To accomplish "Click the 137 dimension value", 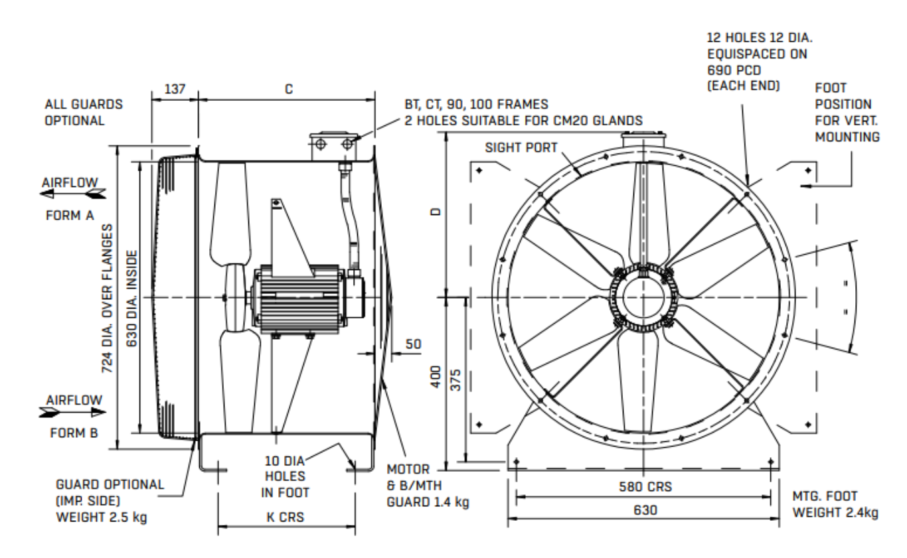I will pos(175,88).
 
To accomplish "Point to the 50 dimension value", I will pos(413,344).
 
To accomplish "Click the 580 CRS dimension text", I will pos(642,486).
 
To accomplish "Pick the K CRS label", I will pos(287,518).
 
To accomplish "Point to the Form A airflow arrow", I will pos(72,194).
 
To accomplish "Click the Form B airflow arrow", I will pos(72,412).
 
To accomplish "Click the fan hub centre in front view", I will pos(643,297).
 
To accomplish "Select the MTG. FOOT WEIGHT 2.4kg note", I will pos(835,504).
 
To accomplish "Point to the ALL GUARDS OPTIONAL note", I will pos(84,113).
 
